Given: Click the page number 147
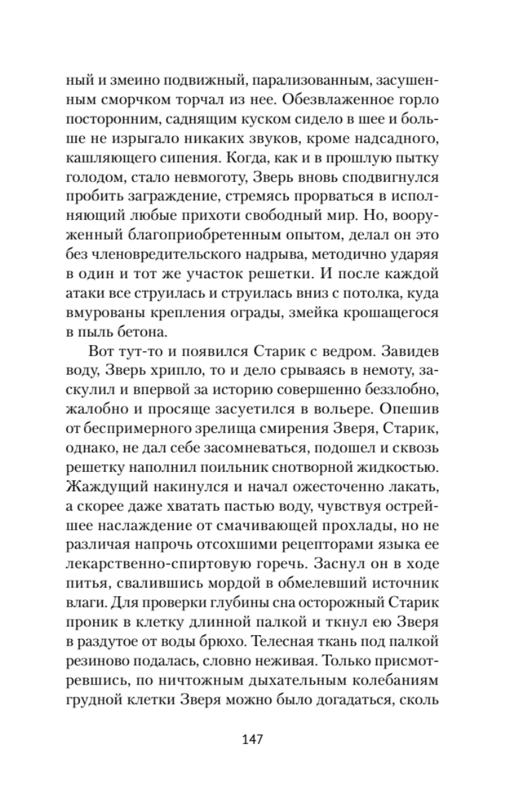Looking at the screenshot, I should click(252, 738).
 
